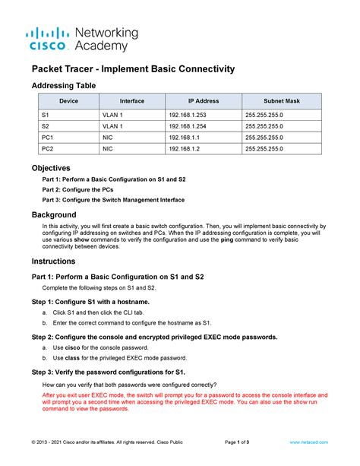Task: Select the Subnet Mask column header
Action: click(x=281, y=101)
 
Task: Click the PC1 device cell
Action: click(x=49, y=138)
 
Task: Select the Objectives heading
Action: click(x=50, y=167)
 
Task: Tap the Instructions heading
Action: click(x=54, y=261)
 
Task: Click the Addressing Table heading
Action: click(x=63, y=85)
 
